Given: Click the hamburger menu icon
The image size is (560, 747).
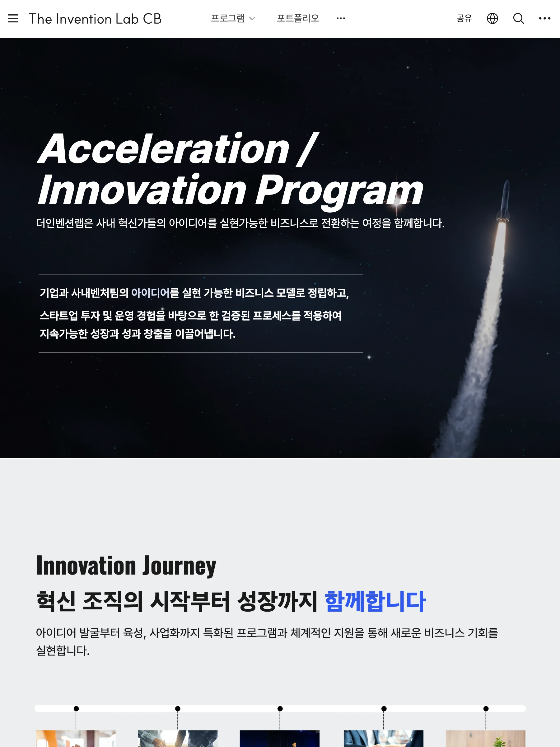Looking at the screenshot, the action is (13, 18).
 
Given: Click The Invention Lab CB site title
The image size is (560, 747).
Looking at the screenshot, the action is (95, 19).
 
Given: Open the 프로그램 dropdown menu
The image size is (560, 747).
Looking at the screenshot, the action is (233, 18).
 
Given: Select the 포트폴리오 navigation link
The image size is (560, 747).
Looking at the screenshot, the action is (298, 18).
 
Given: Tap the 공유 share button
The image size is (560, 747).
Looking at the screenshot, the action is (464, 18).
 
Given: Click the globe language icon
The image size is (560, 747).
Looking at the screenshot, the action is (492, 18).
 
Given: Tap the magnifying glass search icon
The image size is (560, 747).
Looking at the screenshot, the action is (519, 18).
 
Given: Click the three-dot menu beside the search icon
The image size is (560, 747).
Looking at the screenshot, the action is (544, 18).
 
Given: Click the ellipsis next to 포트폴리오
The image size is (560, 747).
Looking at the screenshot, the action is (341, 18).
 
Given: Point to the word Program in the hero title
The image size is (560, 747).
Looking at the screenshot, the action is (339, 190).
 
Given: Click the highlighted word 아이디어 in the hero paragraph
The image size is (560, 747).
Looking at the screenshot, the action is (150, 293).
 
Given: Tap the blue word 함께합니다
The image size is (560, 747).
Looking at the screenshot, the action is (375, 601).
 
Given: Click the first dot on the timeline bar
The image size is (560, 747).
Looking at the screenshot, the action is (76, 708).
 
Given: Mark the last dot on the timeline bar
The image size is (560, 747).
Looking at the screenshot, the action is (486, 708).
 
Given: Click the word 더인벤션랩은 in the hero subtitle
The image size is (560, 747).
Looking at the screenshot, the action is (64, 223).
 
